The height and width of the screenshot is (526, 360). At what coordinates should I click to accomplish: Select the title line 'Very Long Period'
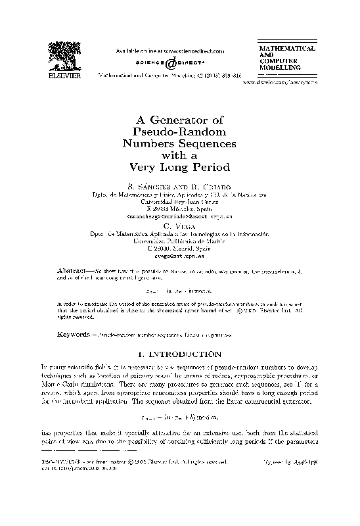179,167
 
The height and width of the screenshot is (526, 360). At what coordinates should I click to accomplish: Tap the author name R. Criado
209,185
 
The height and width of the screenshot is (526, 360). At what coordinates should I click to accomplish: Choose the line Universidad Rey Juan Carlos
179,203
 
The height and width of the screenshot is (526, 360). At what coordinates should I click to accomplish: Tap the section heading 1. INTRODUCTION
179,354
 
